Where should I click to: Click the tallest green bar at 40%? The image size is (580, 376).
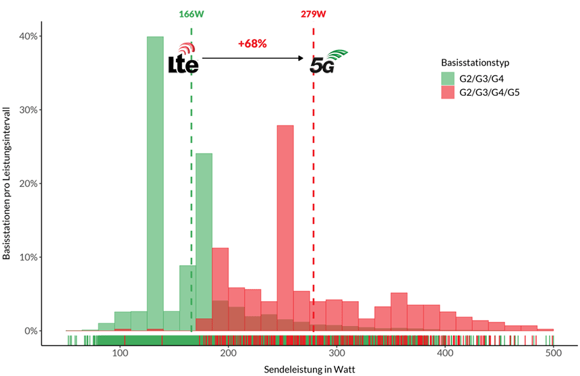pyautogui.click(x=155, y=182)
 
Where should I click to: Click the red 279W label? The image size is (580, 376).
pyautogui.click(x=314, y=14)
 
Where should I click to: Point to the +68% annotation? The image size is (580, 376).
pyautogui.click(x=252, y=44)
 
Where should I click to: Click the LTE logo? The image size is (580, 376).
pyautogui.click(x=183, y=59)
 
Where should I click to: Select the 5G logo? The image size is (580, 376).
pyautogui.click(x=326, y=62)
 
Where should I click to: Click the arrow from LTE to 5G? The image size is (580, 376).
pyautogui.click(x=254, y=58)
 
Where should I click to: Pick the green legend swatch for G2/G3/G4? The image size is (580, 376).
pyautogui.click(x=448, y=78)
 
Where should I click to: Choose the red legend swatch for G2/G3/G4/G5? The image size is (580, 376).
pyautogui.click(x=448, y=92)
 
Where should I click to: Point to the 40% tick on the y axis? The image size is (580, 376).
pyautogui.click(x=32, y=36)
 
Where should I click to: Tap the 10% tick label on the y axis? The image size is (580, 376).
pyautogui.click(x=32, y=257)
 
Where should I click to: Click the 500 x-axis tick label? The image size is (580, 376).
pyautogui.click(x=553, y=353)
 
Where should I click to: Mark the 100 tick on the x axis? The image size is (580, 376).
pyautogui.click(x=120, y=353)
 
